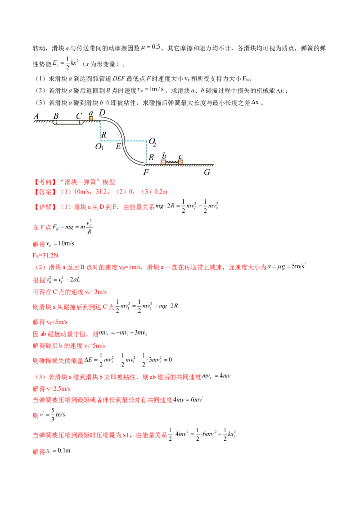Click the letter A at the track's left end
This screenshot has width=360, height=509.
click(36, 116)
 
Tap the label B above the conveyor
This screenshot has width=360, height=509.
click(56, 116)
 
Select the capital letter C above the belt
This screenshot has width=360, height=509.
click(79, 116)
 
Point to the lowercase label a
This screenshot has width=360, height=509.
click(91, 112)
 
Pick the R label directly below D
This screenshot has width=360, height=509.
click(103, 134)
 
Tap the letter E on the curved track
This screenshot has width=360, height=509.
click(118, 146)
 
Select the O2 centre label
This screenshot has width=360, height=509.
click(152, 142)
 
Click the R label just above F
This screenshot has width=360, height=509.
click(152, 157)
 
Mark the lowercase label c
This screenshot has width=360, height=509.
click(180, 156)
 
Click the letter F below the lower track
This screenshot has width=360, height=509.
click(146, 171)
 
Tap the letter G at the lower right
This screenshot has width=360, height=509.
click(207, 171)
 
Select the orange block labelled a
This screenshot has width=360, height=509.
click(91, 119)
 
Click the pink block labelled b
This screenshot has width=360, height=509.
click(163, 162)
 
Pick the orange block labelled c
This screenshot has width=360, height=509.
click(180, 162)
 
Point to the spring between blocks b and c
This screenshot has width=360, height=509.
click(172, 162)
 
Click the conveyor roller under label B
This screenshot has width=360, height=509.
click(55, 122)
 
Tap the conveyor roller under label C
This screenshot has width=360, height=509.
click(81, 122)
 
